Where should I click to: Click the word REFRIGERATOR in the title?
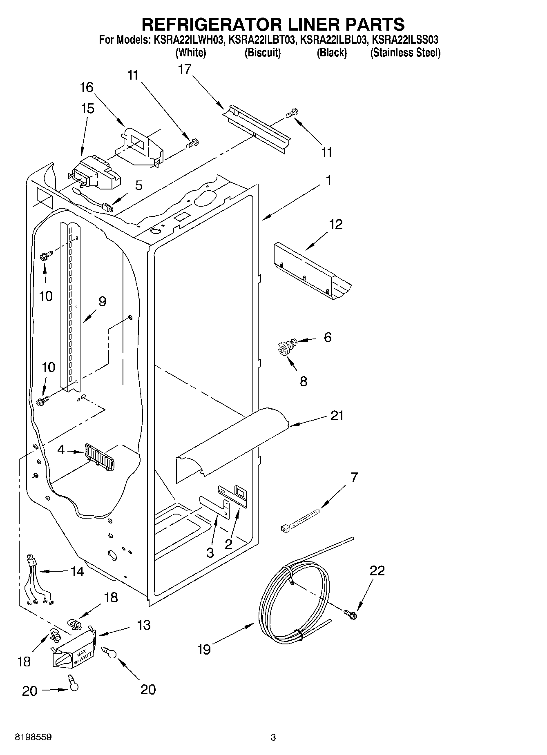[x=210, y=24]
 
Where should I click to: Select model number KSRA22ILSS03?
[x=405, y=40]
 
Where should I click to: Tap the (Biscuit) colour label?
[x=262, y=53]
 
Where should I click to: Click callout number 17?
[x=185, y=69]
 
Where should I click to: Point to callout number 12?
[x=336, y=225]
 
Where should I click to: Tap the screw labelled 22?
[x=351, y=612]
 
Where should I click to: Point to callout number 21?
[x=337, y=416]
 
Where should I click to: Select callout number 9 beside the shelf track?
[x=102, y=301]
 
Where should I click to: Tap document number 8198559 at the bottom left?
[x=33, y=737]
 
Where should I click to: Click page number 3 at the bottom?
[x=273, y=737]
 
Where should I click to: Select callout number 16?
[x=87, y=87]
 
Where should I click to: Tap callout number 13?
[x=144, y=625]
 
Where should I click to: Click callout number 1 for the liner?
[x=328, y=180]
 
